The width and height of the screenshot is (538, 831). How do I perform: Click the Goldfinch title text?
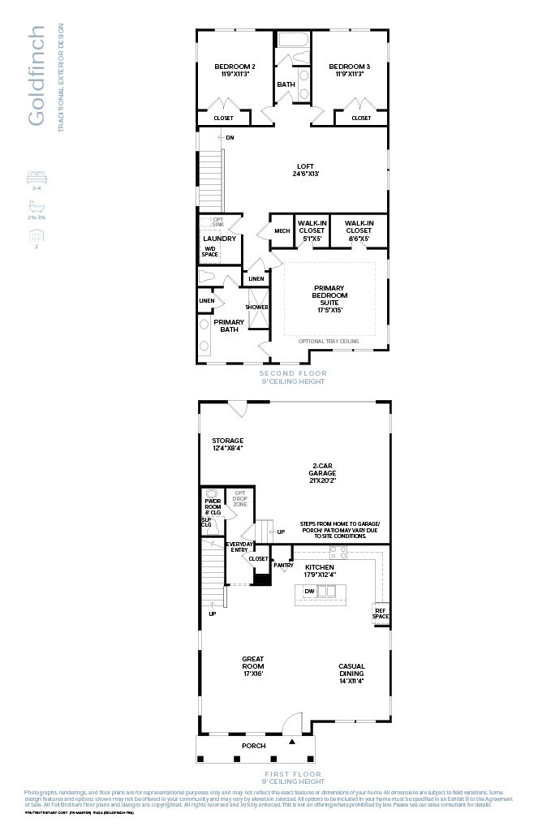coord(36,76)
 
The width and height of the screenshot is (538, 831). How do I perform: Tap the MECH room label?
coord(282,231)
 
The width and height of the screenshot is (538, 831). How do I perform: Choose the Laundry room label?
coord(219,239)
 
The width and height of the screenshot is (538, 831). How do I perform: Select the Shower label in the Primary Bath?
coord(257,308)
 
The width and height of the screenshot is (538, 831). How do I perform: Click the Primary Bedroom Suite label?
coord(329,296)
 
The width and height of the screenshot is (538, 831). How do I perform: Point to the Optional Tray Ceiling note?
coord(329,342)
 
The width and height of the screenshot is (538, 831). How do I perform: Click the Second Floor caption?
coord(293,373)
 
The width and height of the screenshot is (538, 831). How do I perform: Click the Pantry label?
coord(283,565)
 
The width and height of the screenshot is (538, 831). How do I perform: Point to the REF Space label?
coord(381,613)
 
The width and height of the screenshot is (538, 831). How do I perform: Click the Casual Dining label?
coord(351,670)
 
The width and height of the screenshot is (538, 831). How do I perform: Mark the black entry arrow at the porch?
coord(293,741)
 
